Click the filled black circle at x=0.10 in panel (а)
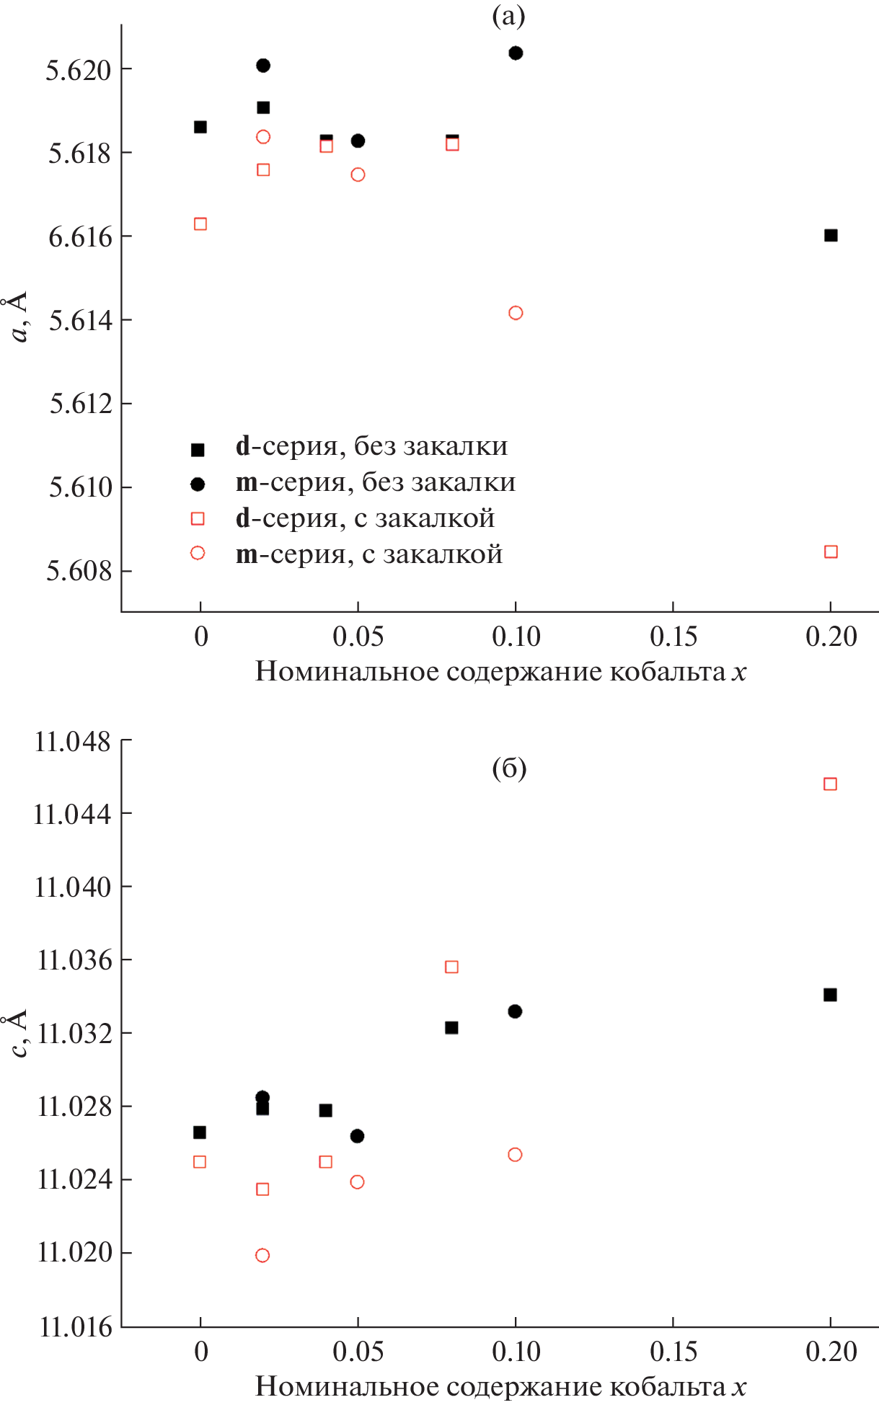(x=516, y=53)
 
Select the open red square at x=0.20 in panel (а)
(x=831, y=551)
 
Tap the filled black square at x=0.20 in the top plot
(x=831, y=235)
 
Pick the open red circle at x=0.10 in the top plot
(x=516, y=313)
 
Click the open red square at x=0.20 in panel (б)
(x=830, y=784)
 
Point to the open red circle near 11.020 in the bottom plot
(x=262, y=1255)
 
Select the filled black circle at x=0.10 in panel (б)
(x=515, y=1011)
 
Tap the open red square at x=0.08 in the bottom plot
(x=451, y=967)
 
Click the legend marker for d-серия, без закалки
(x=198, y=449)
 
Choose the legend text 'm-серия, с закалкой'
(x=368, y=554)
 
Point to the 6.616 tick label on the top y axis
(x=80, y=236)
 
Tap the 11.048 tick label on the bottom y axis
(x=73, y=741)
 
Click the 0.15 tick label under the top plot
(x=673, y=637)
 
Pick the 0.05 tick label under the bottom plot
(x=358, y=1352)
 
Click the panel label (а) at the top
(x=508, y=16)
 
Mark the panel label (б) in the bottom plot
(x=509, y=768)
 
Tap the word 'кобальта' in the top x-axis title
(x=667, y=671)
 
